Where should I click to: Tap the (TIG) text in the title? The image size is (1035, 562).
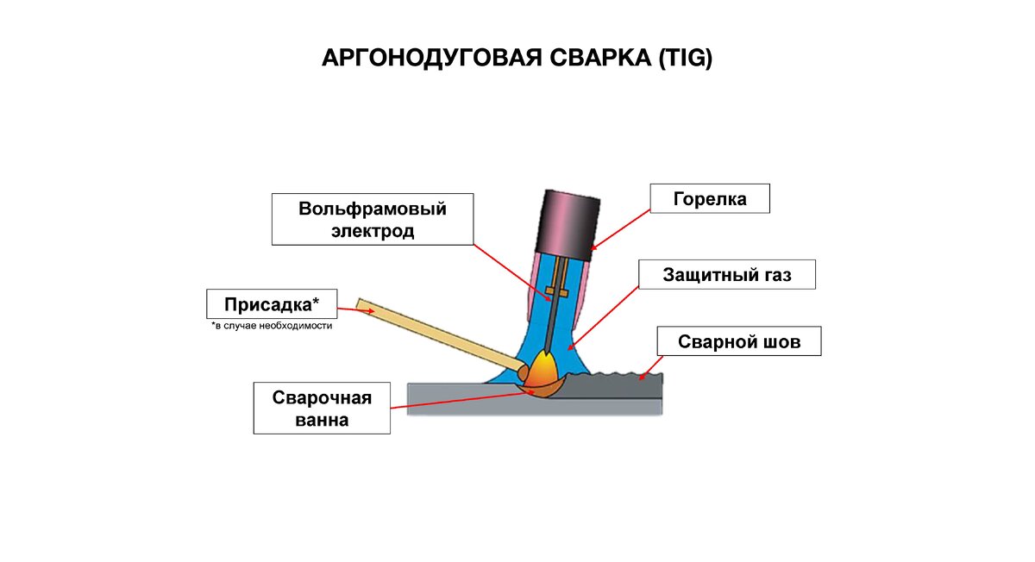685,59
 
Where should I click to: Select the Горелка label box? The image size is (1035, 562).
709,199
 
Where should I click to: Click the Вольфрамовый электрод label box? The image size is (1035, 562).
373,220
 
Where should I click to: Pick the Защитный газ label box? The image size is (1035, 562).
726,275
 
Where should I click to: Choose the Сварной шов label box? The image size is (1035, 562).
738,342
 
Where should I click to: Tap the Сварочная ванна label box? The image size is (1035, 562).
322,409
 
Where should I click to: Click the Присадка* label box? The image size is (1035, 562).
272,304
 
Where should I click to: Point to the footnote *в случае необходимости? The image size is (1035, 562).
272,327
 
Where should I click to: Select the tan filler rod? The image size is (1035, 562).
440,336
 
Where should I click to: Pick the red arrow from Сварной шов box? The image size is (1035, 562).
649,368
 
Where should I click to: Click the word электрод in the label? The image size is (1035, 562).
373,231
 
